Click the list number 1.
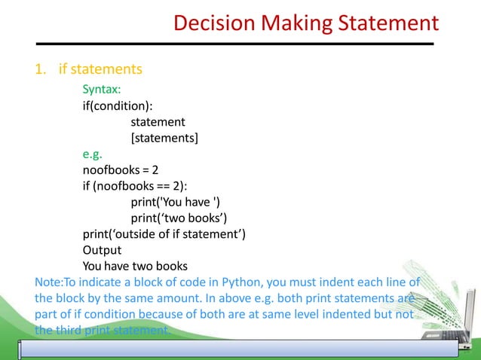coord(39,70)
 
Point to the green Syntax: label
coord(102,90)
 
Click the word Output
coord(102,250)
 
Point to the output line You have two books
coord(135,266)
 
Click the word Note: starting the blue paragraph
coord(49,282)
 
